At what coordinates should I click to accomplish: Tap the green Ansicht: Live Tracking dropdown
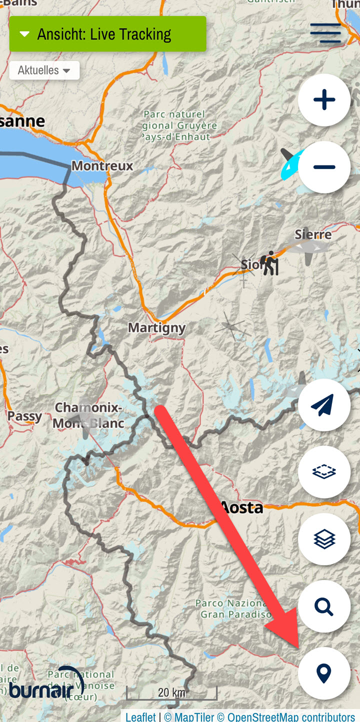107,34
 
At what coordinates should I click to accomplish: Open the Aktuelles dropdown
44,70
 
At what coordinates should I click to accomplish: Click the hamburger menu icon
325,33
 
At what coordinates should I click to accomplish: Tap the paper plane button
324,405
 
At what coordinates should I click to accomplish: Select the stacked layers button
324,539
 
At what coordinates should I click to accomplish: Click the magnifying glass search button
324,606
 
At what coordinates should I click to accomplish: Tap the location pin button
324,673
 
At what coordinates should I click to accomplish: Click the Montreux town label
102,165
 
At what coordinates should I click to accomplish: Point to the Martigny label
156,328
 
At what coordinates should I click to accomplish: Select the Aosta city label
241,507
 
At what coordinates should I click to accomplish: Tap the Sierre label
313,234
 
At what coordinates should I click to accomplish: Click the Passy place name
24,416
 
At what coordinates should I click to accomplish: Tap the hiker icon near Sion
269,263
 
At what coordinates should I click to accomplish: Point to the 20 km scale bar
171,693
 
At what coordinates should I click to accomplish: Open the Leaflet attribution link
140,717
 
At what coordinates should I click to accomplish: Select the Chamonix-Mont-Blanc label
88,415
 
